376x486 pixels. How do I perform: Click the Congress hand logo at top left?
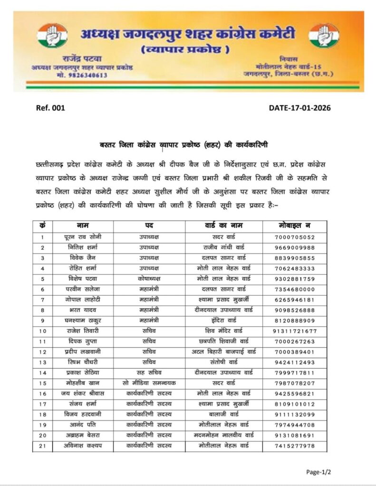52,36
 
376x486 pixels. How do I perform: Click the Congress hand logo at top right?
324,36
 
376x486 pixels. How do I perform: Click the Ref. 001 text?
50,108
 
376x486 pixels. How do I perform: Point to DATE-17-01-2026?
299,108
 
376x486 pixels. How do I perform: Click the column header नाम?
83,225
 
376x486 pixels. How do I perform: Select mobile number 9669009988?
294,248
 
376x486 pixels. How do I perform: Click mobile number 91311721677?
294,331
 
